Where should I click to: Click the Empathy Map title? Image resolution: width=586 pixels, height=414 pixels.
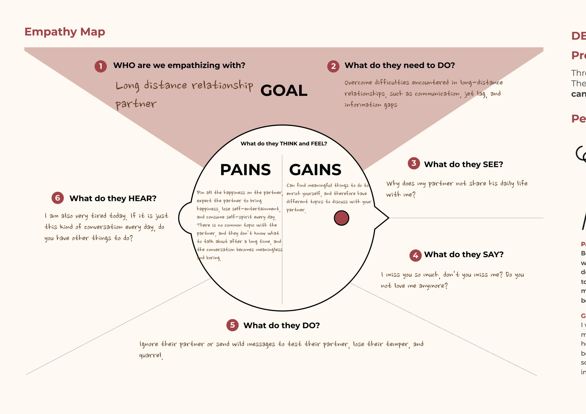pos(65,32)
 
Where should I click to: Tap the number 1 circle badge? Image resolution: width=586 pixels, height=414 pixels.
pos(101,66)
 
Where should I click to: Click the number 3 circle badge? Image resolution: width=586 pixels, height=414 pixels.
pos(414,163)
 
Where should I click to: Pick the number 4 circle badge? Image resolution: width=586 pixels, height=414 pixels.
pos(416,255)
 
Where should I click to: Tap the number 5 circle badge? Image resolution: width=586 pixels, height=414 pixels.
pos(232,325)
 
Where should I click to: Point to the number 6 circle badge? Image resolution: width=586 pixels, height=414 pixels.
pos(58,198)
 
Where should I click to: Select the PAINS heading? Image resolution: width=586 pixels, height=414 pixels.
pos(245,170)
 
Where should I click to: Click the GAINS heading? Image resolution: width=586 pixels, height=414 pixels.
pos(315,170)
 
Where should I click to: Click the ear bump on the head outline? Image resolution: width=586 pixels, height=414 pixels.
pos(183,218)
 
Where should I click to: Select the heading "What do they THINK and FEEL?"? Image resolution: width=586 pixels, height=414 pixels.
pos(284,144)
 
